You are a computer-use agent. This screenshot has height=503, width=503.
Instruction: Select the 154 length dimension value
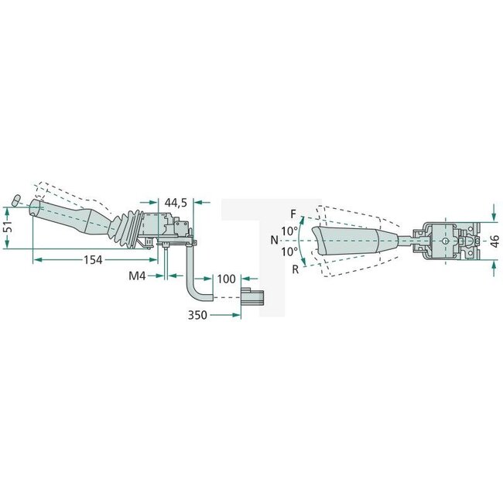click(93, 259)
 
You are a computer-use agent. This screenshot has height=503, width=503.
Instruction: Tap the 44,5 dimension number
click(176, 203)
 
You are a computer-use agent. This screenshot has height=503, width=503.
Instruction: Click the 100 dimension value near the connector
click(227, 278)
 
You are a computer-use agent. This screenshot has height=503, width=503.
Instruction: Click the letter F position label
click(293, 213)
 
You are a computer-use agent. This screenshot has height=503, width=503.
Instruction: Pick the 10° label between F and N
click(289, 231)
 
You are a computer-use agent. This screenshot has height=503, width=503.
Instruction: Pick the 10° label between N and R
click(289, 251)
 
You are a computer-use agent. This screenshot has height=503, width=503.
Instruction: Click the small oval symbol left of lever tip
click(16, 201)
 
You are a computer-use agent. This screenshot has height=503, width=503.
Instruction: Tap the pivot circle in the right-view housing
click(446, 241)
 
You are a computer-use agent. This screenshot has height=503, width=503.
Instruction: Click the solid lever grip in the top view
click(348, 241)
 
